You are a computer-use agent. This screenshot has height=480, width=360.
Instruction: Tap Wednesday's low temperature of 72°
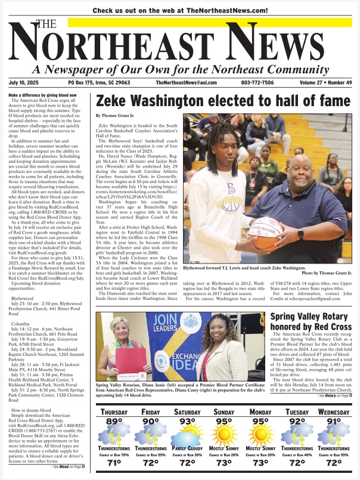334,463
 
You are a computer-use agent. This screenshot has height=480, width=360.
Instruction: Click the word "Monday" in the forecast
260,412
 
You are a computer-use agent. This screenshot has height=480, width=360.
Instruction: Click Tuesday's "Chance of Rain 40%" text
297,454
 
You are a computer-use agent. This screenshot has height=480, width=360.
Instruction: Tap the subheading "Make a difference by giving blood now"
44,95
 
